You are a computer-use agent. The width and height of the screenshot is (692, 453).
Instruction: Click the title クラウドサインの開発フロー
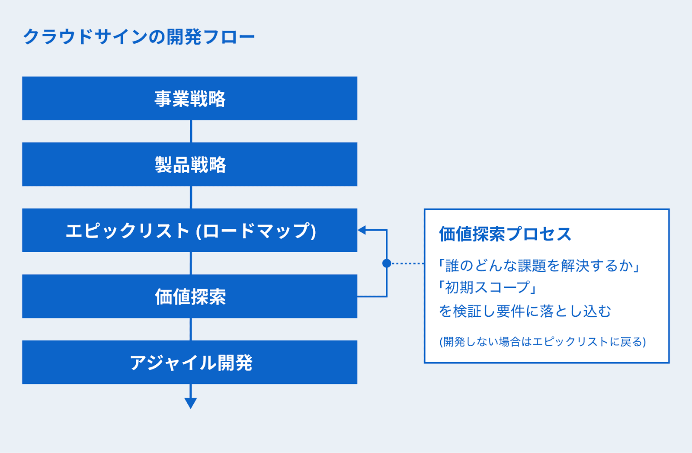139,37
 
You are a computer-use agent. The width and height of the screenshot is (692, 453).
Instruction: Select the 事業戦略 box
190,98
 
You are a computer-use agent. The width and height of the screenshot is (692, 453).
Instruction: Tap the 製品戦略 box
190,164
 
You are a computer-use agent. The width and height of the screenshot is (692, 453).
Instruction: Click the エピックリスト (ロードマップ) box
190,230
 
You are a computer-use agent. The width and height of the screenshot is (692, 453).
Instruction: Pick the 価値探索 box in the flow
190,296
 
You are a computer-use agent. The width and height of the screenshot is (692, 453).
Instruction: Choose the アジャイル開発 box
190,362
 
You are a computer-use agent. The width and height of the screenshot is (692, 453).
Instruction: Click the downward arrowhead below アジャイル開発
191,403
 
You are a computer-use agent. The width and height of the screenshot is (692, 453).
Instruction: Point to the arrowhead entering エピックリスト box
362,230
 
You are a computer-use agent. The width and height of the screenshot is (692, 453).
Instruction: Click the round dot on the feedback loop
387,263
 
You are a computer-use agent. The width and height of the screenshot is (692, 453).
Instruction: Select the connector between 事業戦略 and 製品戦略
191,132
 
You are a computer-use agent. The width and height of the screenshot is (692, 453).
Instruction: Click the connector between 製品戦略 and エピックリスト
191,197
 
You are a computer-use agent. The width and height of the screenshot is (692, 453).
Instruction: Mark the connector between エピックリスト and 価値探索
191,263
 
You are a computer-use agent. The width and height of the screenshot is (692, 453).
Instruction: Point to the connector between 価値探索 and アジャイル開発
191,329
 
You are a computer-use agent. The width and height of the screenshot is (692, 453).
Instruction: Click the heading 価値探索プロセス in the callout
505,234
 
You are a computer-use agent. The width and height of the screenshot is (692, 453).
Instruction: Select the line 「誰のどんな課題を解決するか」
539,265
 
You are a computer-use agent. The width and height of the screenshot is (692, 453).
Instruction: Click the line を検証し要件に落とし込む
525,311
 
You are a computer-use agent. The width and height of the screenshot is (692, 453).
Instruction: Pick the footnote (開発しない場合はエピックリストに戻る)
543,342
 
